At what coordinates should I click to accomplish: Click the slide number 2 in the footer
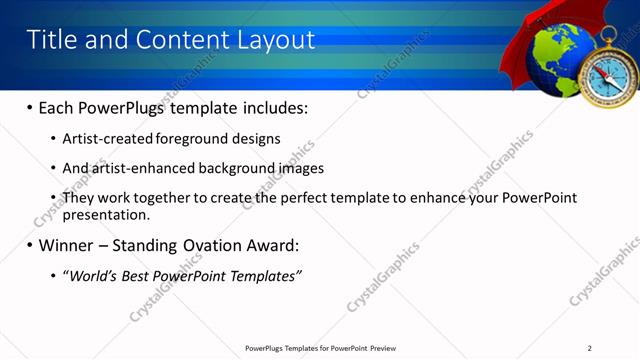point(590,348)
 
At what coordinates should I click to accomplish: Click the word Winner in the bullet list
point(69,245)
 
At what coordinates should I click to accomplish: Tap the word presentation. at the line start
point(106,214)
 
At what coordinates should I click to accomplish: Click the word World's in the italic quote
point(93,275)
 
